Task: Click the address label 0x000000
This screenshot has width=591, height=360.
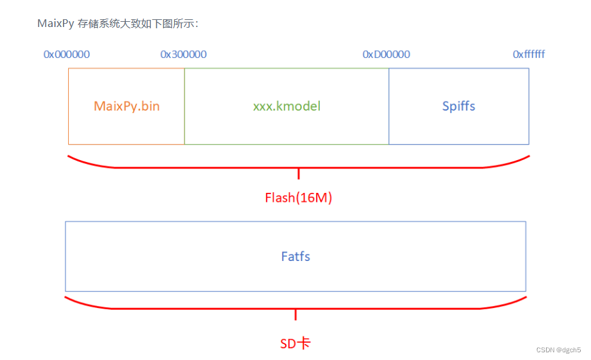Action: point(67,55)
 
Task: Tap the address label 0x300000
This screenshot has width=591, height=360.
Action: point(184,55)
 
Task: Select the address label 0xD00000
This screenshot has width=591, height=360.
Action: point(386,55)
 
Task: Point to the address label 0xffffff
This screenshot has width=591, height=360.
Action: point(529,55)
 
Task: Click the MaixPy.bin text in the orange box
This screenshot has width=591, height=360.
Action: point(127,106)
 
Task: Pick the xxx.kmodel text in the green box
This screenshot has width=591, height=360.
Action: point(287,106)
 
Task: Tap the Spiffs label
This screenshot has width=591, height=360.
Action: point(459,106)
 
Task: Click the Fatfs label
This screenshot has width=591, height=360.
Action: point(295,256)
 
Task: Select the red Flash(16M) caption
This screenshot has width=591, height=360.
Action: point(298,198)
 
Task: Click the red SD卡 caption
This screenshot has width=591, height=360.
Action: point(295,343)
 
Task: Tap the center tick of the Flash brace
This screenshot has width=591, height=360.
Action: point(299,174)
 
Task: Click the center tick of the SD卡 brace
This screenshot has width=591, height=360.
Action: point(295,314)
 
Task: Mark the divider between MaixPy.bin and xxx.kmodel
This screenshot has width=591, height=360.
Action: point(184,106)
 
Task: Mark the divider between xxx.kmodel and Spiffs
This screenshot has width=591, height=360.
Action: point(389,106)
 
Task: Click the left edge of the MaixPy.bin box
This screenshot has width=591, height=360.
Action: point(69,106)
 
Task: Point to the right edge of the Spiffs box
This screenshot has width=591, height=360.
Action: point(529,106)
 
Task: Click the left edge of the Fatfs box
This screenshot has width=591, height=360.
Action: point(66,256)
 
